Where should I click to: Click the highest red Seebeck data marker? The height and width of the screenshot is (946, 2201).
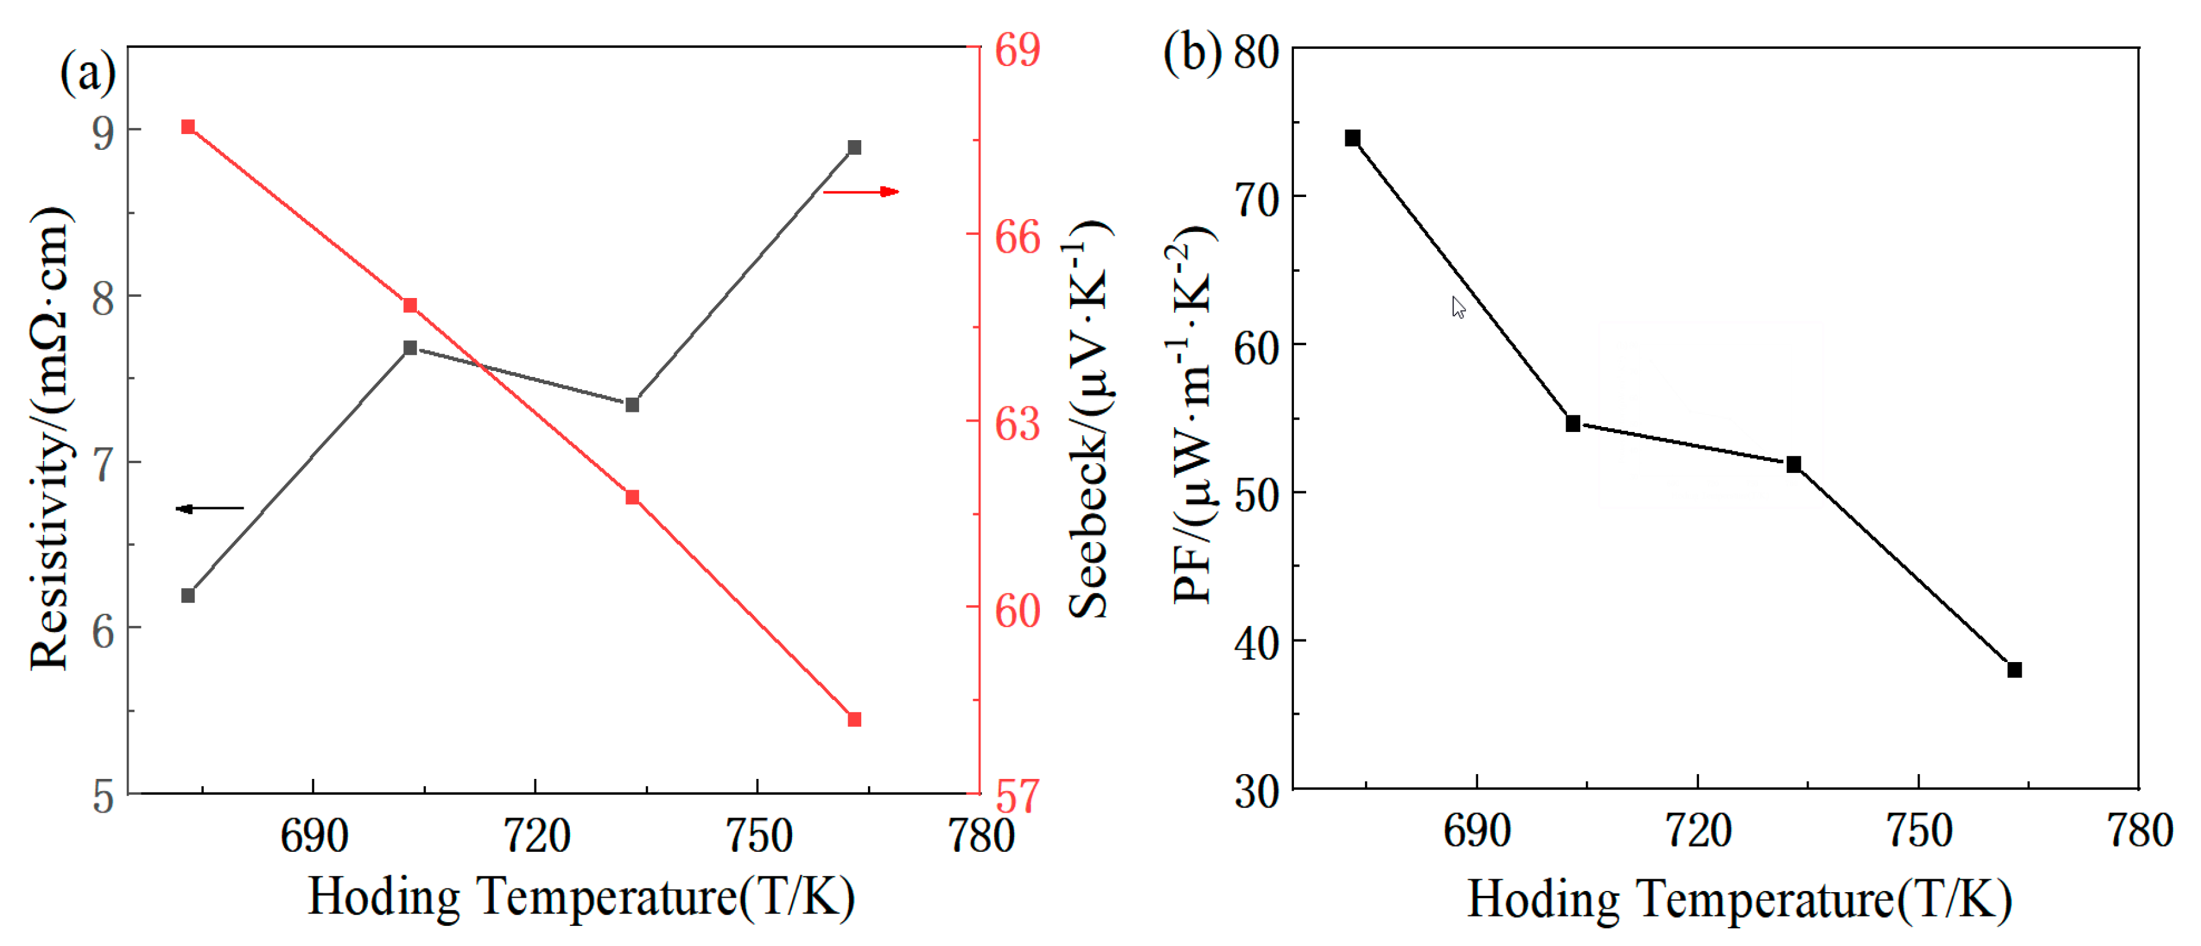tap(188, 127)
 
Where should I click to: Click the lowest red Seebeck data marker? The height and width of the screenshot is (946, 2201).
tap(854, 720)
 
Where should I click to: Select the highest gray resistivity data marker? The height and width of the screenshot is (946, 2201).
tap(854, 148)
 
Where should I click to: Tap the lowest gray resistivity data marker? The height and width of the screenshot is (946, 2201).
tap(188, 595)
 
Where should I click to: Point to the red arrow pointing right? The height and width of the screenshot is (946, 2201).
tap(861, 192)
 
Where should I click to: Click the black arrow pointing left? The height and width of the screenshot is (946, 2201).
tap(209, 508)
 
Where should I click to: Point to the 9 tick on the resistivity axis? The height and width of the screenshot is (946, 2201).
tap(103, 132)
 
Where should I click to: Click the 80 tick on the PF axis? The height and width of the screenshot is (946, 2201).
tap(1256, 53)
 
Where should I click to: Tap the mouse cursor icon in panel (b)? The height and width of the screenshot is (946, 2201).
tap(1458, 307)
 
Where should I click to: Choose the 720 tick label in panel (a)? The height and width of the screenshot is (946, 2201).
tap(536, 836)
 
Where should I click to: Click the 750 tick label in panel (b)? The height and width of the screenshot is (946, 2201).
tap(1919, 832)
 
